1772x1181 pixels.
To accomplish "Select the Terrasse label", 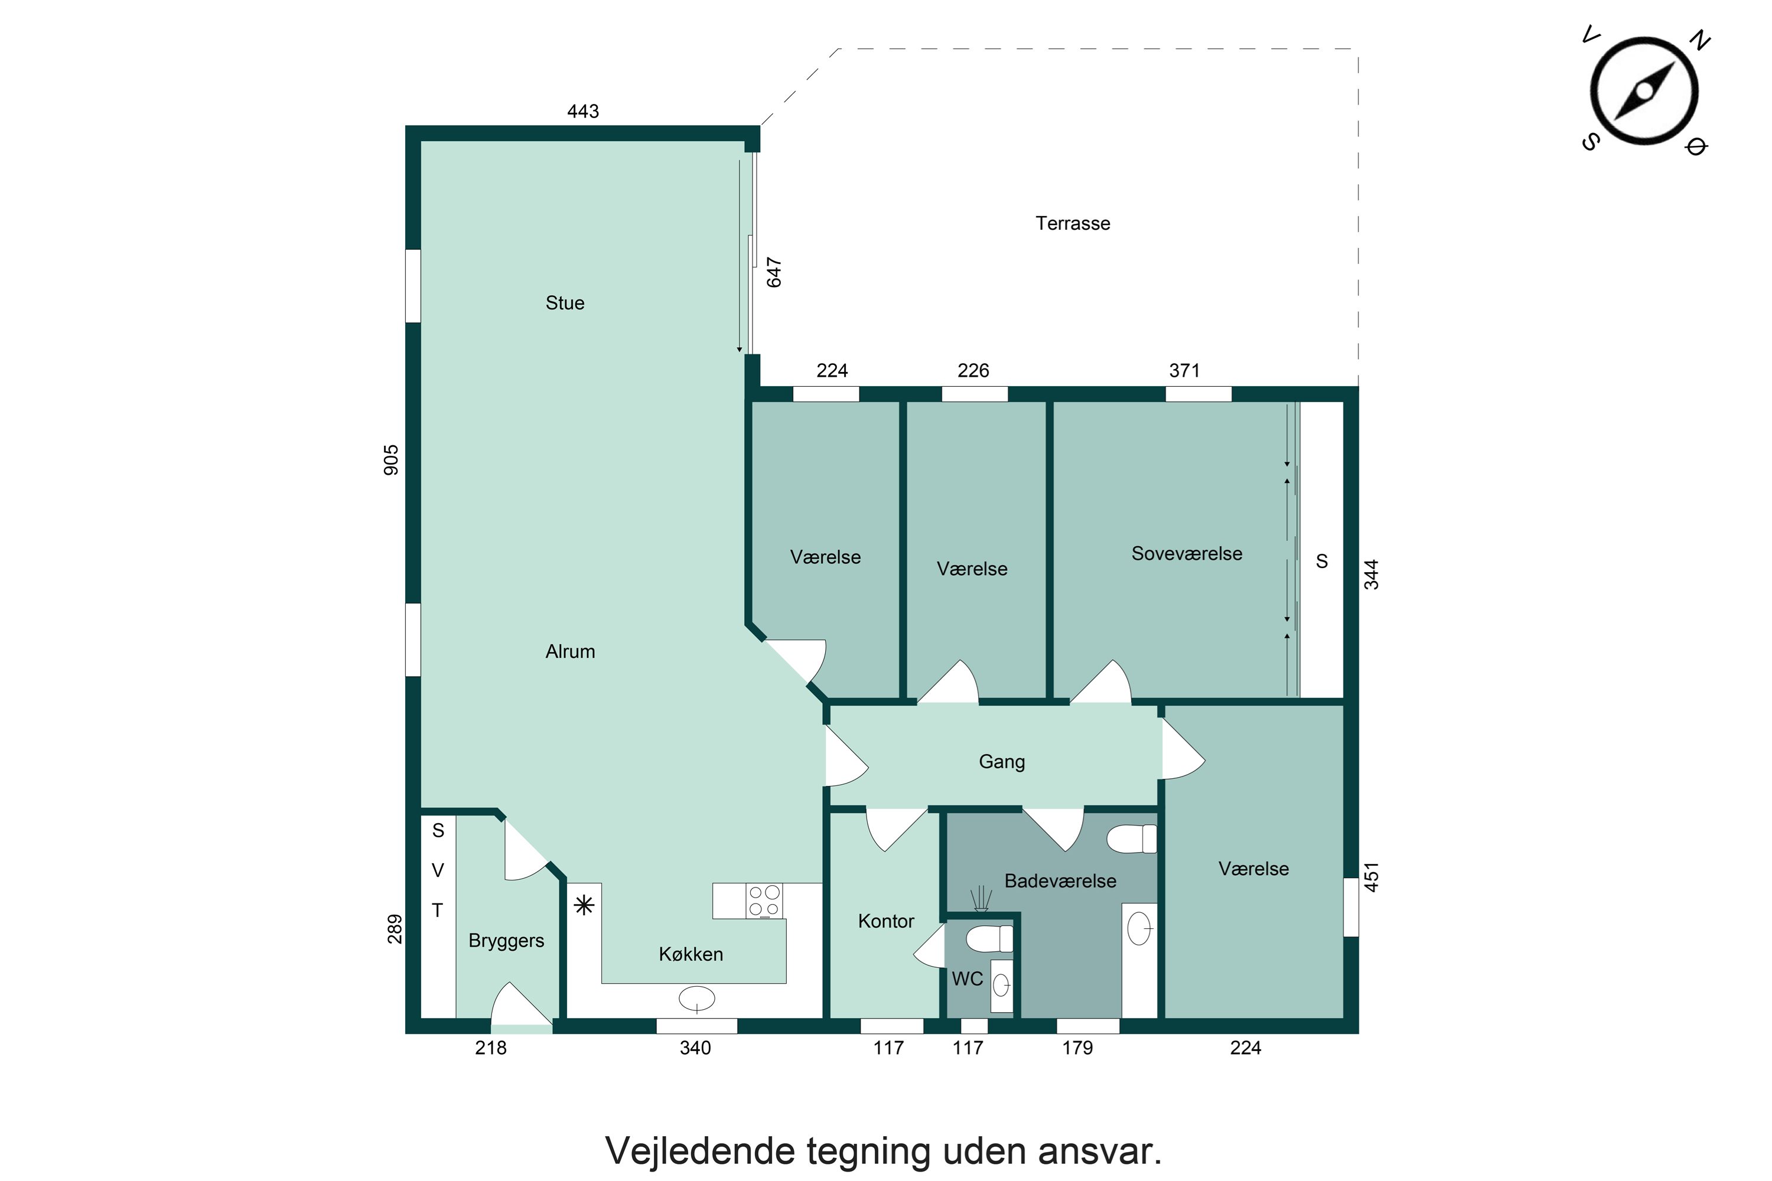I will pos(1072,224).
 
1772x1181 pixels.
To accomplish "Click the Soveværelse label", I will pos(1186,554).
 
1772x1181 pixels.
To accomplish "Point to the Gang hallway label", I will pos(1001,762).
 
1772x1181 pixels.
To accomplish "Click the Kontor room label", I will pos(885,921).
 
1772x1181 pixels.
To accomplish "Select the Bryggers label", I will pos(506,941).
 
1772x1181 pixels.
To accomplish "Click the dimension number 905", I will pos(391,460).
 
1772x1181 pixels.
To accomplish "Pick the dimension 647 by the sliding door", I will pos(774,273).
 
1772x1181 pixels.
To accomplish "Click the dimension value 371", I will pos(1184,371).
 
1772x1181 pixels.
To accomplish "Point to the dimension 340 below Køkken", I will pos(695,1048).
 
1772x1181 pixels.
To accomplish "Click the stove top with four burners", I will pos(764,901).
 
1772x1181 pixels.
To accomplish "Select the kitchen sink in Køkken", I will pos(697,999).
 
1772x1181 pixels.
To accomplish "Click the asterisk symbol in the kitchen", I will pos(584,905).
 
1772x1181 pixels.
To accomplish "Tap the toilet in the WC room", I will pos(988,939).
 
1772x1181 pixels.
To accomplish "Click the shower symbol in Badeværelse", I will pos(979,900).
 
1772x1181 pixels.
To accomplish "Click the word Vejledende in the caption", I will pos(700,1151).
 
